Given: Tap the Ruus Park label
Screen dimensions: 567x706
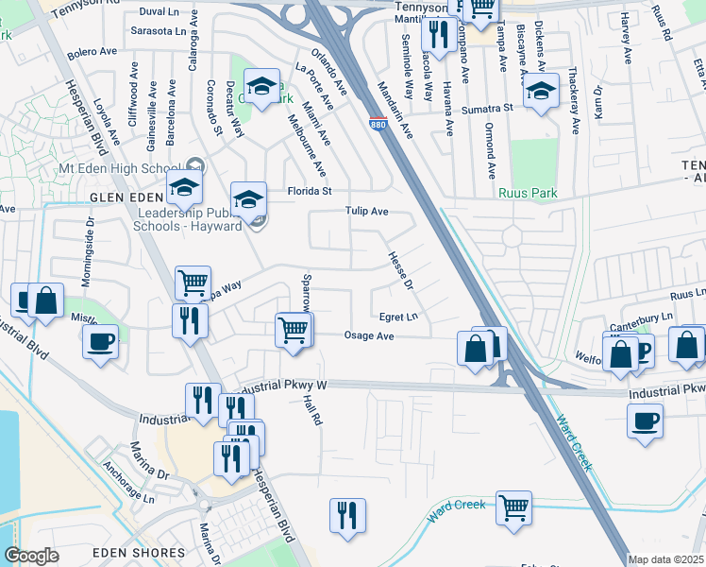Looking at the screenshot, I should pos(528,193).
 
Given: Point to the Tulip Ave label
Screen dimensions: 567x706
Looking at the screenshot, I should pos(367,212).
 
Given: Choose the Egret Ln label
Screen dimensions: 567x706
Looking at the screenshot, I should pos(398,318).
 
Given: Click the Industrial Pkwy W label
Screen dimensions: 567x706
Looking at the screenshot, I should pos(282,387).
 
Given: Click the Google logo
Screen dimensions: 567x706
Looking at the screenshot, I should pos(31,556).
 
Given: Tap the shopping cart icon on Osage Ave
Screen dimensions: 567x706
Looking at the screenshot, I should pos(293,331).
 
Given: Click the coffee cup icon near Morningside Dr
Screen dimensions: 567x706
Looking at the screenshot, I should pos(100,341).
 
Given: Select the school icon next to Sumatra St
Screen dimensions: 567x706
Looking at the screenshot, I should pos(540,92).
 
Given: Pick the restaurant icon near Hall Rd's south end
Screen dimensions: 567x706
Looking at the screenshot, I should pos(347,516).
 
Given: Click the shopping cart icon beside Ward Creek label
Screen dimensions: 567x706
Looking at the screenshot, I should pos(513,507).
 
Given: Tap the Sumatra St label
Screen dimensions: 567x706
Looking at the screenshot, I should pos(489,108).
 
